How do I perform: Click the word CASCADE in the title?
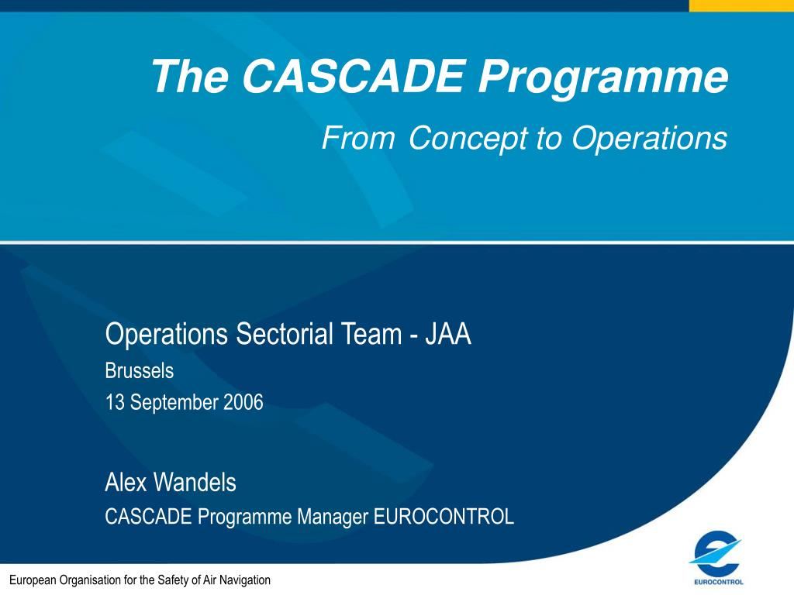pyautogui.click(x=354, y=76)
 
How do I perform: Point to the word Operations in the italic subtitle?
pyautogui.click(x=650, y=138)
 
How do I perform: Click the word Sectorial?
pyautogui.click(x=284, y=334)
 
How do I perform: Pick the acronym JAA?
pyautogui.click(x=448, y=334)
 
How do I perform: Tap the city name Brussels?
pyautogui.click(x=140, y=371)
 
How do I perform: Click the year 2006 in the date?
pyautogui.click(x=243, y=402)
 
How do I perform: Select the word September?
pyautogui.click(x=174, y=403)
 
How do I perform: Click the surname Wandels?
pyautogui.click(x=195, y=482)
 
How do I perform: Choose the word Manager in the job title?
pyautogui.click(x=333, y=517)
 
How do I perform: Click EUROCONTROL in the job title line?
pyautogui.click(x=444, y=517)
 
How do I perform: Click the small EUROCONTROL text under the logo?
pyautogui.click(x=719, y=582)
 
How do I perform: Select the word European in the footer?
pyautogui.click(x=33, y=580)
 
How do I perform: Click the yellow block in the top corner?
pyautogui.click(x=741, y=5)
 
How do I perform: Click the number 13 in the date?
pyautogui.click(x=115, y=403)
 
